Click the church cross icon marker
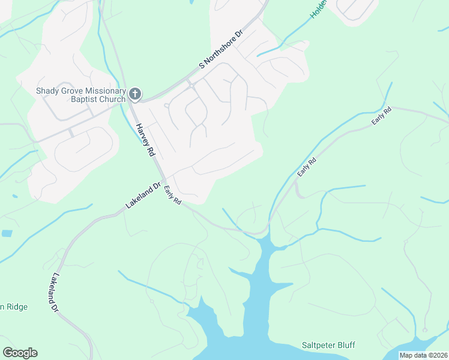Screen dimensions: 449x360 135,94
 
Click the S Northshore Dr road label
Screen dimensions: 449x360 220,48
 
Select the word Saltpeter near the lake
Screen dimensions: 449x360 320,345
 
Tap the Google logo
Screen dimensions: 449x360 20,353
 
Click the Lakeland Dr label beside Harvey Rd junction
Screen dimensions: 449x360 144,195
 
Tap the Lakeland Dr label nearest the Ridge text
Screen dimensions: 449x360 54,292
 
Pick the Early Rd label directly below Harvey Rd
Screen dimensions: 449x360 172,194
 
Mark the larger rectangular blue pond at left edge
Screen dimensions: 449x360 6,233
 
